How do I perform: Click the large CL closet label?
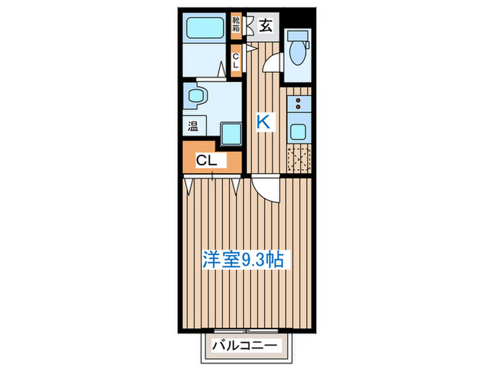pyautogui.click(x=206, y=160)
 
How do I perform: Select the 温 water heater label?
pyautogui.click(x=193, y=126)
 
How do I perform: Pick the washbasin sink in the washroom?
pyautogui.click(x=194, y=95)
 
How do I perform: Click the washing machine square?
pyautogui.click(x=230, y=131)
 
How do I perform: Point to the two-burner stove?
pyautogui.click(x=299, y=105)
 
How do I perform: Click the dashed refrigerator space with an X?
pyautogui.click(x=299, y=160)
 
